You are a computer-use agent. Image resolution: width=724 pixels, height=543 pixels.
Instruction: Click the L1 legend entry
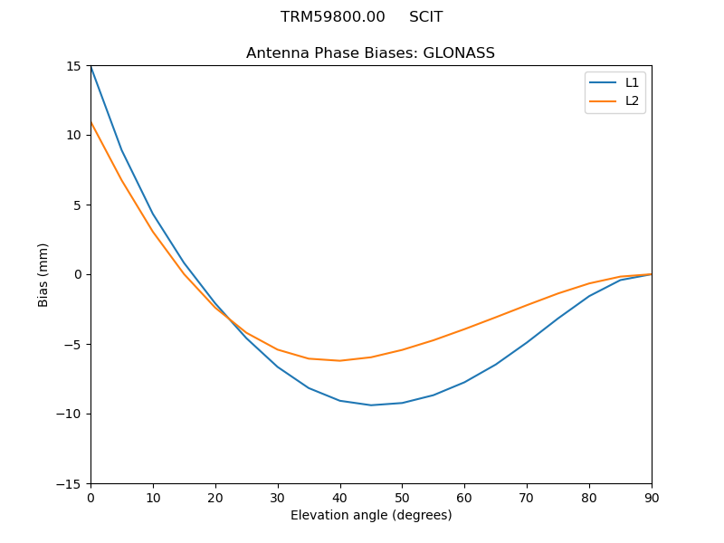(632, 82)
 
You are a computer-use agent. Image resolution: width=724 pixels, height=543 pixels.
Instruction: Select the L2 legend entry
(632, 100)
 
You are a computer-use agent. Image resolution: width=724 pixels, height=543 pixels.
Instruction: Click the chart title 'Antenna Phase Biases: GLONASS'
(370, 53)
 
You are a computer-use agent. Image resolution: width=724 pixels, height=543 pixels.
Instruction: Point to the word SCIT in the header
(425, 17)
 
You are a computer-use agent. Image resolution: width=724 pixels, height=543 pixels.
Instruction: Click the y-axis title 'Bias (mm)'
(43, 274)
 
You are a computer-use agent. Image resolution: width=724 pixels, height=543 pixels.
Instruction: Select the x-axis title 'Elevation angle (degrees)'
(370, 516)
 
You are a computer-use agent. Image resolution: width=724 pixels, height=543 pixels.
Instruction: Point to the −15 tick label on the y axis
(71, 483)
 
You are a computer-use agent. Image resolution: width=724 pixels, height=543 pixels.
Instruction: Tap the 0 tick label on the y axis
(79, 274)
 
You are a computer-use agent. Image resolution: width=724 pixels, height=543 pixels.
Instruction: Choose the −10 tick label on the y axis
(71, 414)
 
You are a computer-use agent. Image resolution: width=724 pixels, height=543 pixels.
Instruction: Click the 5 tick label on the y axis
(79, 205)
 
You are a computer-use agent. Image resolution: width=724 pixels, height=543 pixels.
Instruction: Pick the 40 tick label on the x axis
(339, 498)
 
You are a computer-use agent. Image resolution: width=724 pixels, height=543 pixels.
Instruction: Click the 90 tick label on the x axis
(651, 498)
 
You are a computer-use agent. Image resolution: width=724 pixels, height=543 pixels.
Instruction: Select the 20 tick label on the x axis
(215, 498)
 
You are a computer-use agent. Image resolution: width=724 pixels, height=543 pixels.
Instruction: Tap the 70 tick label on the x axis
(527, 498)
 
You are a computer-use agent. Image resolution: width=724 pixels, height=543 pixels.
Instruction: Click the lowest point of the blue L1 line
(371, 405)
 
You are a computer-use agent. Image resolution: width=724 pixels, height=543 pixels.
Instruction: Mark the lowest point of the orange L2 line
(339, 360)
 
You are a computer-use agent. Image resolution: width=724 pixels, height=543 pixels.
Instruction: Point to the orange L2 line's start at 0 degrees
(90, 122)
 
